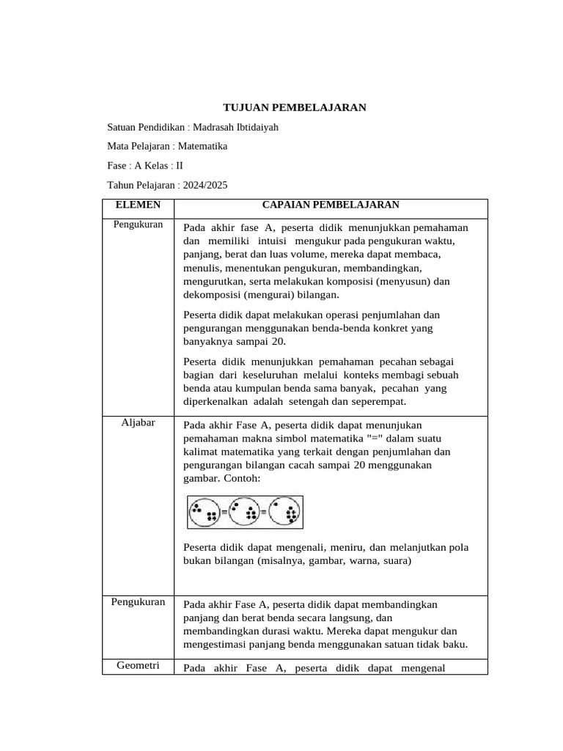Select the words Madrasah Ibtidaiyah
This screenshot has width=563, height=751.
(235, 127)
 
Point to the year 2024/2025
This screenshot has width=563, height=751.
(205, 185)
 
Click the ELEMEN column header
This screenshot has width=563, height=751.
(138, 205)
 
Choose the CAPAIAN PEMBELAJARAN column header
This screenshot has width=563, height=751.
(331, 205)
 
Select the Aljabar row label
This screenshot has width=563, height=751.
(138, 422)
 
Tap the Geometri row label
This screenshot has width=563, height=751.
(138, 666)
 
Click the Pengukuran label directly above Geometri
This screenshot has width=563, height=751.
(138, 602)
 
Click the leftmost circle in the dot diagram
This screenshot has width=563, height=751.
(204, 512)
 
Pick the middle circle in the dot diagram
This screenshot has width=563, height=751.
(243, 512)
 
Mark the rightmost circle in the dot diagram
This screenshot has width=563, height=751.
(284, 512)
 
